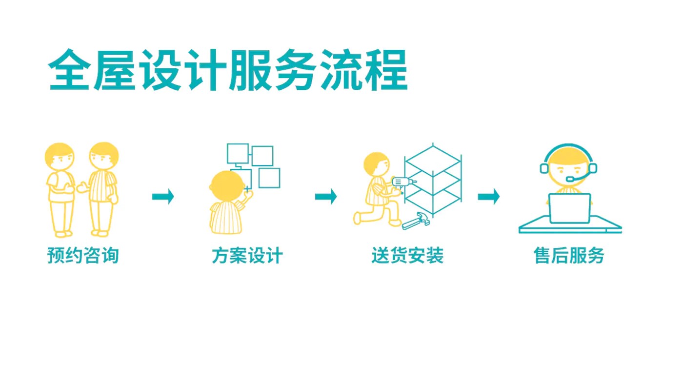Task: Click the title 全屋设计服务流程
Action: point(228,70)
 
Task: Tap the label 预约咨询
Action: point(83,255)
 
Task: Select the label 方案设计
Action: point(247,255)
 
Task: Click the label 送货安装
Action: point(407,255)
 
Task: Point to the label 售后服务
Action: point(569,255)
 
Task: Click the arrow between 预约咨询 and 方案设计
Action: point(163,196)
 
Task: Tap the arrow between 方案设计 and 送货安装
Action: point(326,196)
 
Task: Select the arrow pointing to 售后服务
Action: point(488,196)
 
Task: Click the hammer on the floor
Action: point(416,221)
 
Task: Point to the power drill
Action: point(402,183)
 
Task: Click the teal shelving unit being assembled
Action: point(433,180)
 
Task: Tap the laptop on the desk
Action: point(569,208)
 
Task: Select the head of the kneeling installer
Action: point(377,164)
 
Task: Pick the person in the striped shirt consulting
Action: point(102,189)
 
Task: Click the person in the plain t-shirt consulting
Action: point(60,190)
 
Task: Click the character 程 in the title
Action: point(386,70)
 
